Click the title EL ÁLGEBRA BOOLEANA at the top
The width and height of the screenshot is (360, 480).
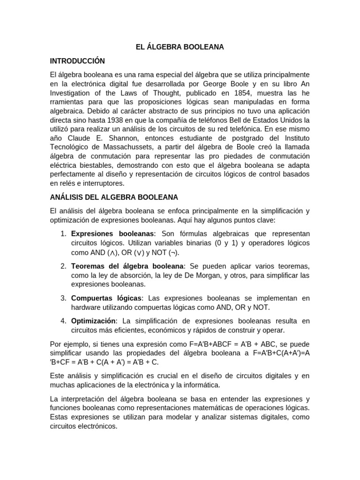click(x=180, y=47)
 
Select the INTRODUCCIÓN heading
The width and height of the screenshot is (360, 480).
click(x=77, y=61)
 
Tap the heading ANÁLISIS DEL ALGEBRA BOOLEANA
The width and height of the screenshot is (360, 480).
click(x=114, y=197)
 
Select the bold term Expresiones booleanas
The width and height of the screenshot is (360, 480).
click(x=112, y=233)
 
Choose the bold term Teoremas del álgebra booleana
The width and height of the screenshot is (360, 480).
click(x=127, y=266)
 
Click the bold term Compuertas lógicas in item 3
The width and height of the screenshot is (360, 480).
click(x=106, y=299)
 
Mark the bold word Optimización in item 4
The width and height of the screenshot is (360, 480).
click(x=93, y=321)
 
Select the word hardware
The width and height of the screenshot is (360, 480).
click(x=86, y=307)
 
